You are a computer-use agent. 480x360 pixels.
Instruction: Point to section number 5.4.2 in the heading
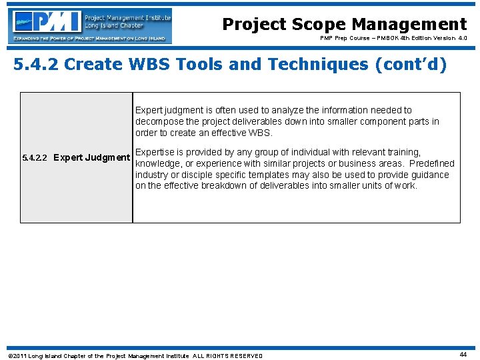37,65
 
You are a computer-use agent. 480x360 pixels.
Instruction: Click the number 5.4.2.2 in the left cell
35,158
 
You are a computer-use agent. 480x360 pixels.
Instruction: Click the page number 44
463,355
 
